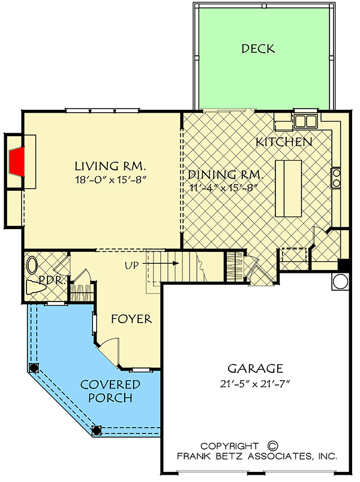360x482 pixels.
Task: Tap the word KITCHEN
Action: pyautogui.click(x=284, y=142)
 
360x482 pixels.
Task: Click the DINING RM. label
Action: pyautogui.click(x=225, y=175)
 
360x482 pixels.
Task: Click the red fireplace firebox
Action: pyautogui.click(x=16, y=160)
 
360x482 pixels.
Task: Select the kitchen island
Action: pyautogui.click(x=287, y=188)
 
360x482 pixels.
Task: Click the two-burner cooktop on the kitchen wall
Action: pyautogui.click(x=336, y=178)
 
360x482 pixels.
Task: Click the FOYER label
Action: pyautogui.click(x=131, y=319)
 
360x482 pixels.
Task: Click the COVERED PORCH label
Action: pyautogui.click(x=110, y=390)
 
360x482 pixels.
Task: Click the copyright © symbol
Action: pyautogui.click(x=272, y=446)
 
